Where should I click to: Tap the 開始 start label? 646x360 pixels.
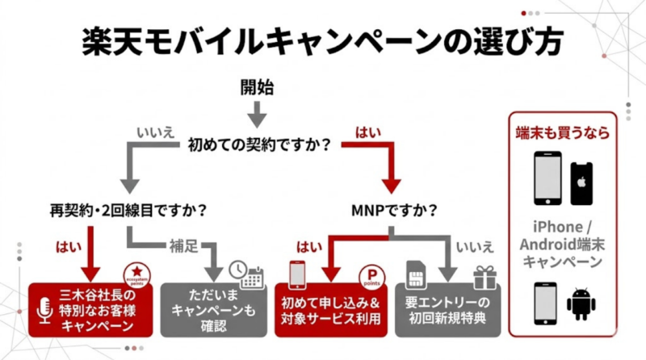tap(258, 86)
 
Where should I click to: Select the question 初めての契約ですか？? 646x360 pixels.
tap(258, 145)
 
